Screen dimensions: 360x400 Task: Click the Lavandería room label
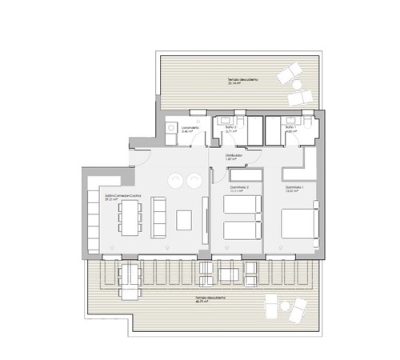tap(190, 128)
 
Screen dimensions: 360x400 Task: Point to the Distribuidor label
tap(234, 156)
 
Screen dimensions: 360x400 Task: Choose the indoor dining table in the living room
tap(129, 216)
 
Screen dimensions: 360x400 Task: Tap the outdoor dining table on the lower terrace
tap(127, 274)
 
